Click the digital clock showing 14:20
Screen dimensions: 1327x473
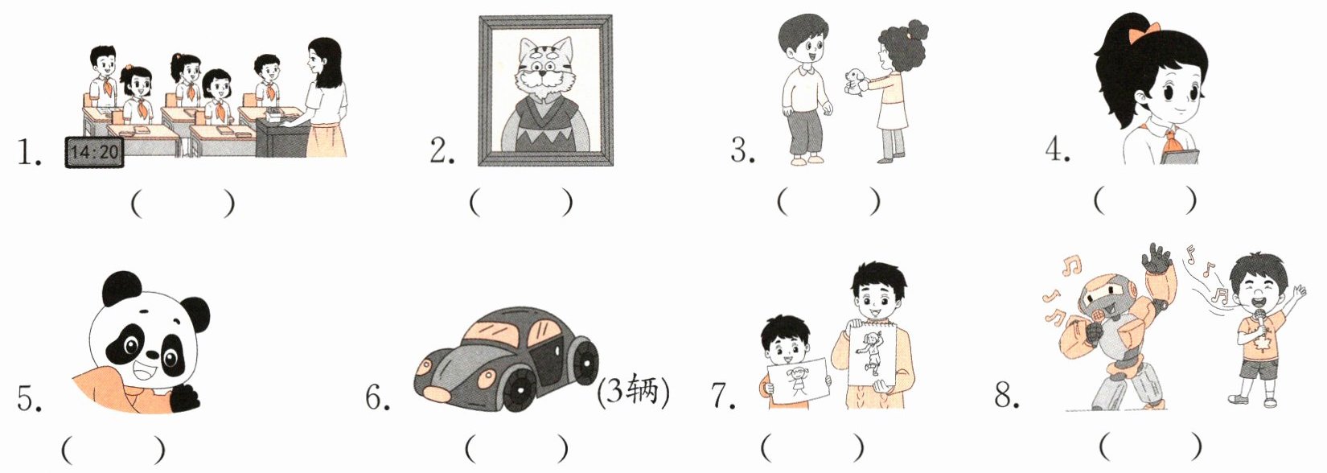pyautogui.click(x=94, y=152)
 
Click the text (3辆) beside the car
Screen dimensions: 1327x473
pyautogui.click(x=633, y=389)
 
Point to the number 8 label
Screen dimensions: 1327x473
pyautogui.click(x=1006, y=393)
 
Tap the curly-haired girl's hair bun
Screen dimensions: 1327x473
pyautogui.click(x=916, y=30)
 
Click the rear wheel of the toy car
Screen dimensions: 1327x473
pyautogui.click(x=585, y=360)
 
